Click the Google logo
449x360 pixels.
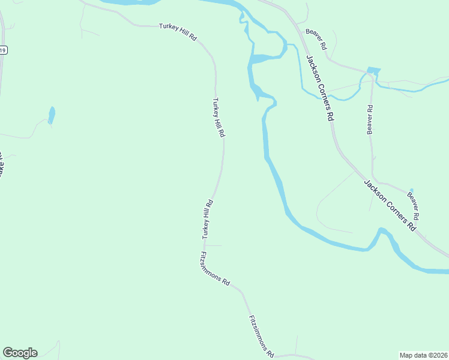[20, 353]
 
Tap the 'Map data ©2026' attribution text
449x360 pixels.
[424, 355]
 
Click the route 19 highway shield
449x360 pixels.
[3, 51]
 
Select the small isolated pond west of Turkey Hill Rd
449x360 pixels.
[52, 115]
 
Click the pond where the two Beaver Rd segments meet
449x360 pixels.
[373, 71]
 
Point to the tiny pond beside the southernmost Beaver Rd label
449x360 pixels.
[411, 191]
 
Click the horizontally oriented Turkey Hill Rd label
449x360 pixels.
[178, 32]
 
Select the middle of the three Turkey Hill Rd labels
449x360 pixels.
[218, 118]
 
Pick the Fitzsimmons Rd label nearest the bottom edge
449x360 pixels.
[262, 335]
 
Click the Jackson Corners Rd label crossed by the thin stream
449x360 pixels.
[319, 88]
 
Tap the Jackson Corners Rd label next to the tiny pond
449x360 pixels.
[390, 205]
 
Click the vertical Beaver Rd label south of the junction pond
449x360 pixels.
[370, 120]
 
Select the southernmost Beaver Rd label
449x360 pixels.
[413, 204]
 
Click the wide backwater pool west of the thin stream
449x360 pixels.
[264, 58]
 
